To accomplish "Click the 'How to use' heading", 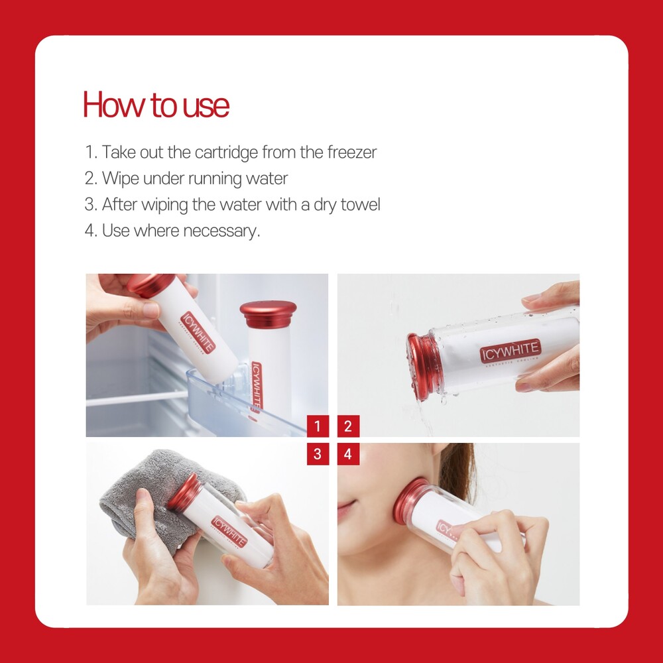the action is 156,105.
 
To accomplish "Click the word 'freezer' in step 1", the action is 352,152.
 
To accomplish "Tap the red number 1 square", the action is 318,426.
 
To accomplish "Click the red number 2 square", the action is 348,426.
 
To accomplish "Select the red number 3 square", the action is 318,454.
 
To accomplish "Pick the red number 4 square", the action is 348,454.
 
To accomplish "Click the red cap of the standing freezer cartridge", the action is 268,314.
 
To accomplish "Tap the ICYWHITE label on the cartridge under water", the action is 511,351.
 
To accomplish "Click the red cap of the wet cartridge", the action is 421,366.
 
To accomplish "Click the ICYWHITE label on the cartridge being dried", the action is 229,532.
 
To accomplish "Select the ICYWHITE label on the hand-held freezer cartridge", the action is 198,333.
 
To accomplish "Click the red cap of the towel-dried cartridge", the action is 185,491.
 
